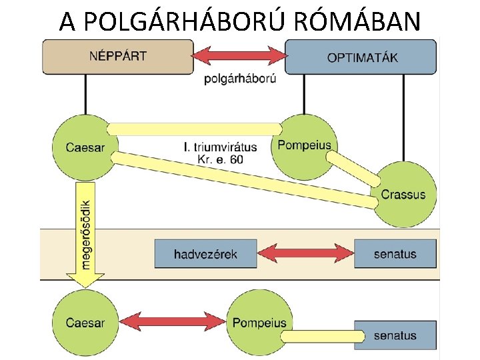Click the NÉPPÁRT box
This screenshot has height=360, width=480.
click(118, 57)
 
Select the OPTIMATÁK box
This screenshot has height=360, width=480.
click(361, 57)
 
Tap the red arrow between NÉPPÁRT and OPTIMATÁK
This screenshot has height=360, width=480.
click(239, 56)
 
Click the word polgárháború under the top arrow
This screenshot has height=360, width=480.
click(240, 79)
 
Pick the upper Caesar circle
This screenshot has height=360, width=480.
click(85, 147)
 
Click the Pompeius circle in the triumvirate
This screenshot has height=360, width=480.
click(304, 147)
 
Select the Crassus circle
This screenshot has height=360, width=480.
click(403, 195)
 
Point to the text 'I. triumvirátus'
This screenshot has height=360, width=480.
click(221, 147)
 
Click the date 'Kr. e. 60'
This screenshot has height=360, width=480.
click(221, 159)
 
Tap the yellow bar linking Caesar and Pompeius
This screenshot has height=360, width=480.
click(195, 129)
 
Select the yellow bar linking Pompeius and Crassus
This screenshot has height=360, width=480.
click(353, 169)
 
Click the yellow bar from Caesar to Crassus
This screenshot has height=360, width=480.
click(245, 180)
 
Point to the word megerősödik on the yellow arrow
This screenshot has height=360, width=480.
click(85, 235)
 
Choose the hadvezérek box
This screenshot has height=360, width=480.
click(206, 254)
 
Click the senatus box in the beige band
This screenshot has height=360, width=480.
click(395, 254)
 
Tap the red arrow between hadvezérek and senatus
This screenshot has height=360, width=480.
click(305, 253)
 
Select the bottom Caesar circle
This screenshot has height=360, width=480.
click(85, 323)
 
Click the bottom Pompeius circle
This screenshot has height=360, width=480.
click(259, 323)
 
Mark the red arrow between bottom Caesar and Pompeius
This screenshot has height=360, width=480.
click(173, 321)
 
